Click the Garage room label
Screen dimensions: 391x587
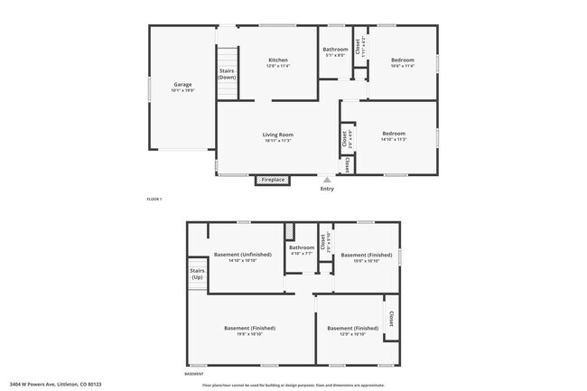tap(182, 85)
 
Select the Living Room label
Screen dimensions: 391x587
tap(278, 135)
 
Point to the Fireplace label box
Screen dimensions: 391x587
tap(273, 180)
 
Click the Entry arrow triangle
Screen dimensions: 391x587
tap(327, 180)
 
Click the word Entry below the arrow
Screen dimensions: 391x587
tap(327, 189)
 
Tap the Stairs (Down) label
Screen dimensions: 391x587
tap(227, 74)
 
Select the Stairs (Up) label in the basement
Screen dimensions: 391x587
tap(197, 274)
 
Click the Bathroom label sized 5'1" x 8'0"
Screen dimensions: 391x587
tap(336, 49)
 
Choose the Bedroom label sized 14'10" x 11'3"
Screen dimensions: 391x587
tap(394, 135)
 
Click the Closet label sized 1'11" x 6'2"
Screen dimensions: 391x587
tap(359, 46)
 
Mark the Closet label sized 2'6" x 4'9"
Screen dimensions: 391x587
tap(347, 138)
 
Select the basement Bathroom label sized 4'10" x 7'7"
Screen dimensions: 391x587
tap(302, 247)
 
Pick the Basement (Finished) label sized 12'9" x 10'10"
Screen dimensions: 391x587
tap(352, 328)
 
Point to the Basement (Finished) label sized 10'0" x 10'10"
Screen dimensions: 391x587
tap(365, 255)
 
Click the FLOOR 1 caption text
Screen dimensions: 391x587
tap(154, 198)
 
